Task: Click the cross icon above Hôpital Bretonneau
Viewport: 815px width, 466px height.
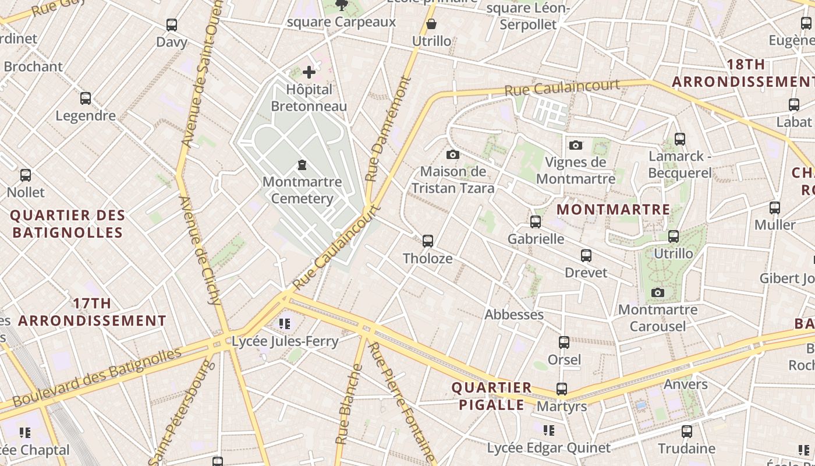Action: (309, 72)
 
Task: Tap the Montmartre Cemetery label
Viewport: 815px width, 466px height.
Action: (302, 190)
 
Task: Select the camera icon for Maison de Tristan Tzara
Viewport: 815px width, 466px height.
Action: (452, 154)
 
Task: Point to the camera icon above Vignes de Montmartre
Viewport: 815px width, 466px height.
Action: (576, 145)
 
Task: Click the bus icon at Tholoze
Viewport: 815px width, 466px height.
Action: (428, 241)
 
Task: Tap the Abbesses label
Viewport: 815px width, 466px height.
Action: (514, 315)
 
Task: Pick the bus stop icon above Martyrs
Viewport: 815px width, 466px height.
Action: (562, 389)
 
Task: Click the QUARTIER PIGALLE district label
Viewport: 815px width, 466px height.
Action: (492, 396)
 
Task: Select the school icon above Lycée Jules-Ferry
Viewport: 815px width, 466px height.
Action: (285, 323)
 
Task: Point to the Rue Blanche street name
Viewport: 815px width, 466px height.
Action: (348, 404)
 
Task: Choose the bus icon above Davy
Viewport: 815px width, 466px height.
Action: (172, 25)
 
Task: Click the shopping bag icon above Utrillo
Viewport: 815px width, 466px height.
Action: (431, 24)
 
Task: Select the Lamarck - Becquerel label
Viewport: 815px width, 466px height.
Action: (680, 164)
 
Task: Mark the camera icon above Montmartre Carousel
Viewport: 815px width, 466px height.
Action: (658, 292)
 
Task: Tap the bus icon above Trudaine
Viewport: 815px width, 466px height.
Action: (687, 432)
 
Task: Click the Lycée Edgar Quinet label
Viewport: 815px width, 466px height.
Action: (548, 448)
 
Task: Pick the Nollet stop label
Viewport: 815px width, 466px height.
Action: (26, 192)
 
